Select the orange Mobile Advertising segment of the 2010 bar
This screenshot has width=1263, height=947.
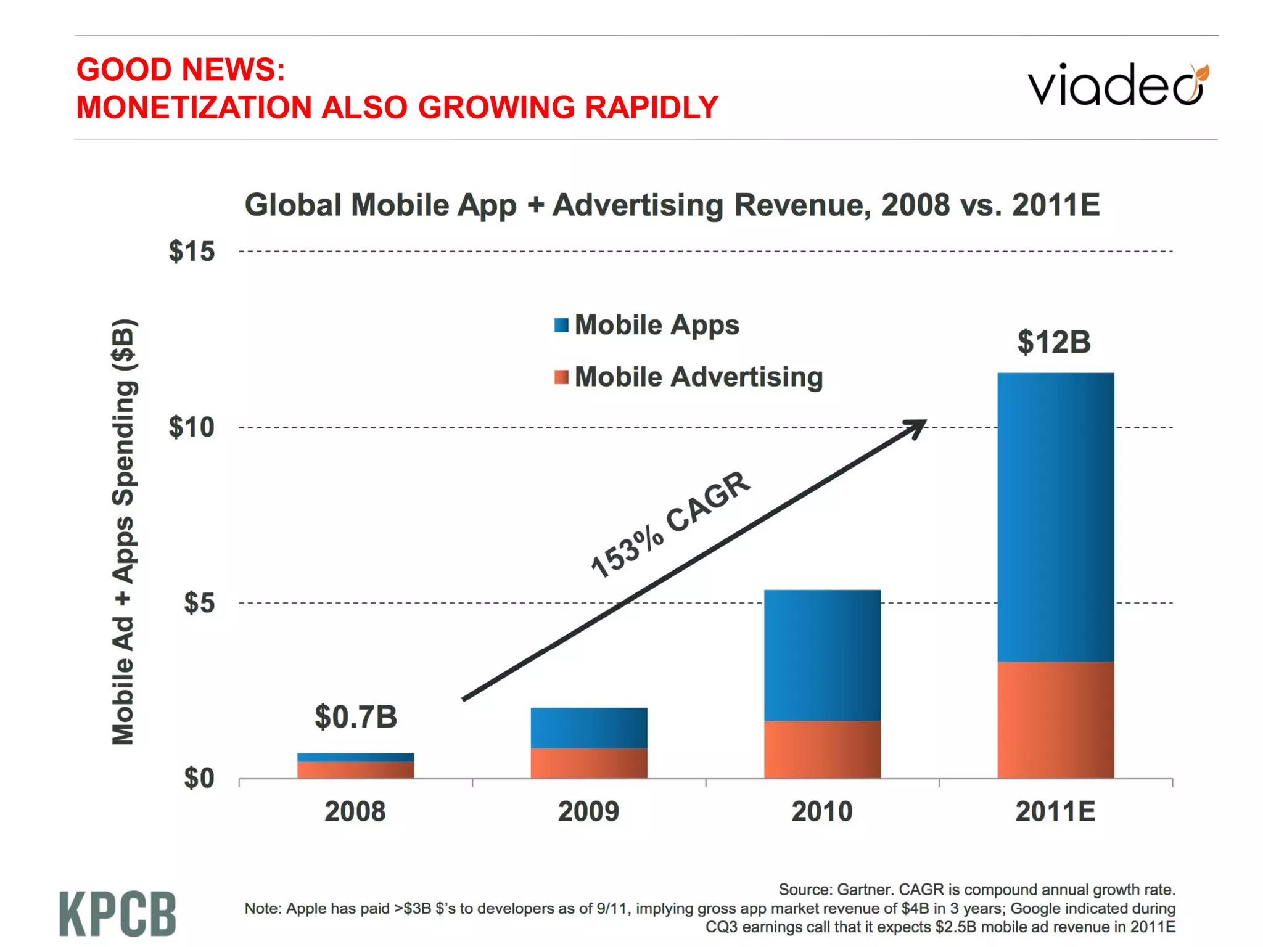(x=822, y=749)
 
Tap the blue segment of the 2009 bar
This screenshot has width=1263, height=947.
(x=589, y=728)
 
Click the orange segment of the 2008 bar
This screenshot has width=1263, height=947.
(x=355, y=769)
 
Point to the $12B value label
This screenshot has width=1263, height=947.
(x=1054, y=342)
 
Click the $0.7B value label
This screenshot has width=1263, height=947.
(x=356, y=716)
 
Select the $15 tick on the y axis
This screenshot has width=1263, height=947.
(x=192, y=252)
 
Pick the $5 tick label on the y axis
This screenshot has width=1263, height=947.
(x=199, y=603)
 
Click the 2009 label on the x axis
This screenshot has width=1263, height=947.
(x=588, y=811)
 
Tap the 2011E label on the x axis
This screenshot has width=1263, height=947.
(x=1055, y=811)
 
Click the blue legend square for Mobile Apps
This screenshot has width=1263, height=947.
(x=561, y=325)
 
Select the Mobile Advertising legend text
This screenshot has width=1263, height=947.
(x=699, y=377)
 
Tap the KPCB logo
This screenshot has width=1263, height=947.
(x=118, y=914)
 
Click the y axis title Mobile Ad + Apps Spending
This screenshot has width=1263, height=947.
(x=124, y=531)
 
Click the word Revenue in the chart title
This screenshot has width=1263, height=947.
(x=802, y=205)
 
